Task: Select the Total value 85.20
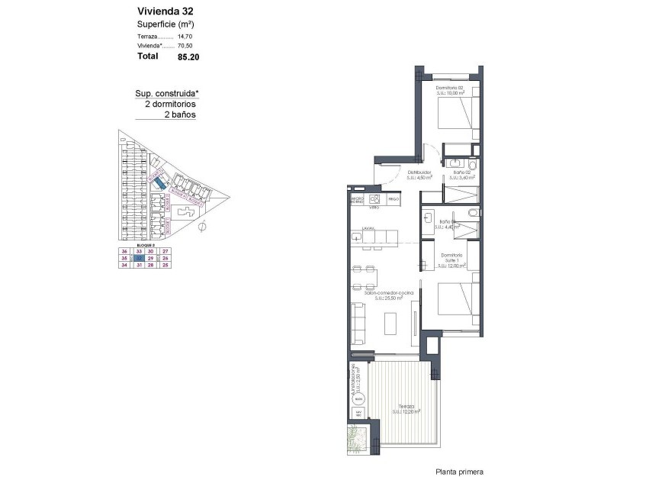pyautogui.click(x=188, y=56)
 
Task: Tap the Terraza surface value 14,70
pyautogui.click(x=185, y=36)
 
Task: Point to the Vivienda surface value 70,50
pyautogui.click(x=185, y=46)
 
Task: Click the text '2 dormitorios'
pyautogui.click(x=170, y=104)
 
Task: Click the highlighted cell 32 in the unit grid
pyautogui.click(x=139, y=259)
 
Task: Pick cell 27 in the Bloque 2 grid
pyautogui.click(x=165, y=251)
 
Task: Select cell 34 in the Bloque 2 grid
pyautogui.click(x=124, y=266)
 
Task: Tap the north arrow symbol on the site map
pyautogui.click(x=202, y=226)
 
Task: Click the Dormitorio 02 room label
pyautogui.click(x=450, y=88)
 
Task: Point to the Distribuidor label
pyautogui.click(x=419, y=173)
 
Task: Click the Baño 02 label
pyautogui.click(x=460, y=173)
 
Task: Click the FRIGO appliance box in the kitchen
pyautogui.click(x=394, y=199)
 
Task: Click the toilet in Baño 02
pyautogui.click(x=472, y=165)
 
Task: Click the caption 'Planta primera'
pyautogui.click(x=459, y=471)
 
